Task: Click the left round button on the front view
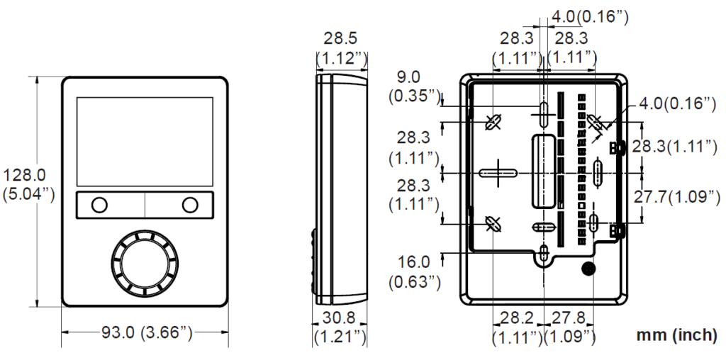(99, 206)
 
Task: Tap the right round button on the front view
(189, 206)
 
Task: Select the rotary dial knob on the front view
(144, 263)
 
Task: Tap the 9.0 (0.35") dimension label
(414, 86)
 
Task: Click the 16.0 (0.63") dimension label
(414, 272)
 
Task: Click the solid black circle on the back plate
(588, 269)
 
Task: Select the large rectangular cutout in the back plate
(543, 171)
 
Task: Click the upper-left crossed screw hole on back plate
(493, 123)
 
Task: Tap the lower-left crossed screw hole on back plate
(493, 224)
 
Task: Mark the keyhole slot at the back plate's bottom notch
(543, 254)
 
